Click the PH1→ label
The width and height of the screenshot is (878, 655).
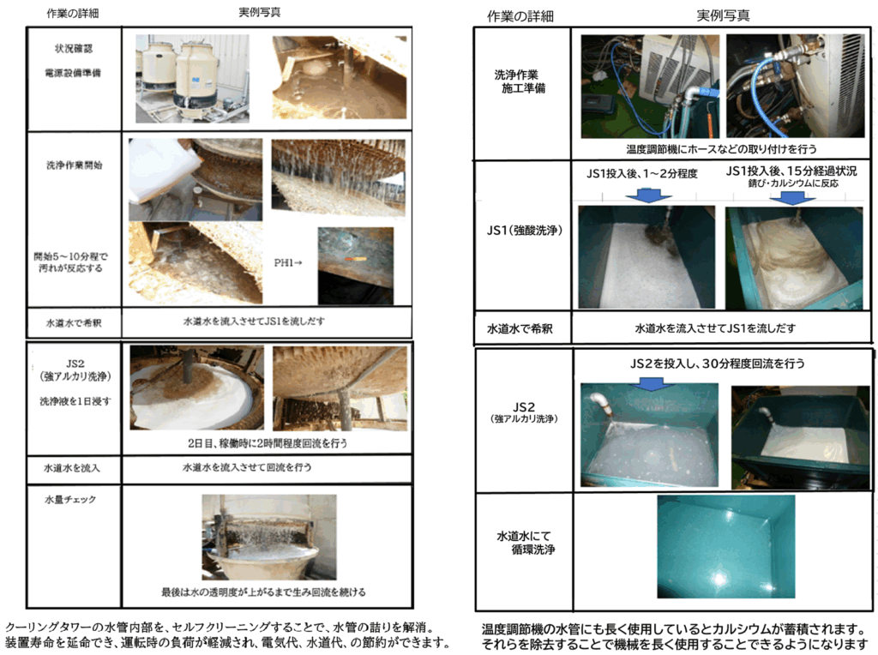[x=288, y=262]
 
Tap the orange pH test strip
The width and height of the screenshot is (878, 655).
[x=356, y=259]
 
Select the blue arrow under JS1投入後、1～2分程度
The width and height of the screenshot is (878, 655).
[x=648, y=195]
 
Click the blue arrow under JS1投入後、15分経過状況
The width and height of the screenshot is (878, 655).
[x=792, y=198]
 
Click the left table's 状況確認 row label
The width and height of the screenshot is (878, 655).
[x=74, y=49]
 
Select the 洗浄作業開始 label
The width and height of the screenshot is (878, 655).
[x=74, y=165]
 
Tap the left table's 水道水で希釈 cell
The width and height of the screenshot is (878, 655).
[x=74, y=323]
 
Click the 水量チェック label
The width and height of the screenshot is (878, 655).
[x=70, y=499]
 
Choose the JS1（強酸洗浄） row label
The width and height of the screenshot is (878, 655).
[x=524, y=230]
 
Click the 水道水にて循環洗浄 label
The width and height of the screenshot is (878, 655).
[x=526, y=543]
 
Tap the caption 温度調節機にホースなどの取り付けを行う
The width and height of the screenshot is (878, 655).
[x=721, y=149]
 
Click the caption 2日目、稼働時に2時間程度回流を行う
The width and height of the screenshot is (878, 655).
[x=268, y=443]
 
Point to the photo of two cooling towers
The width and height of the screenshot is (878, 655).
[x=192, y=78]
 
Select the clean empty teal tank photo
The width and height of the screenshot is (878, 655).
[x=726, y=547]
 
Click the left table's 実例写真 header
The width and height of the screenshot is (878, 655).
[x=260, y=12]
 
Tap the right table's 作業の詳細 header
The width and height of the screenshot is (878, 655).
[x=520, y=16]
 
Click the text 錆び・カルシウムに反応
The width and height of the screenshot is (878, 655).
[x=793, y=183]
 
